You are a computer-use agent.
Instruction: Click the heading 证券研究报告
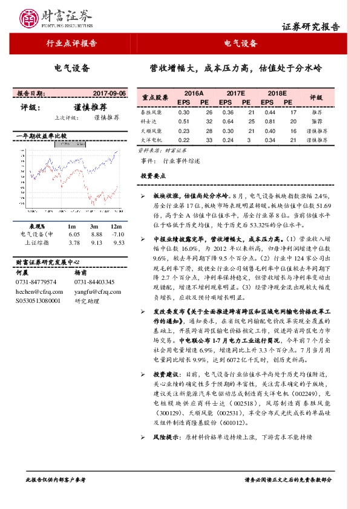(x=311, y=27)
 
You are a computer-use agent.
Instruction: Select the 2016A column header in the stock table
(x=194, y=94)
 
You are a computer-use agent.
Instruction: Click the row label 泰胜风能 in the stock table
(x=151, y=112)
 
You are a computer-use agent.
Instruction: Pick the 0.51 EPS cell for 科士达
(x=184, y=122)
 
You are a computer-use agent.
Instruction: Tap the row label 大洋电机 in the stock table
(x=151, y=140)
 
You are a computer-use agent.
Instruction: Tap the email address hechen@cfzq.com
(x=35, y=291)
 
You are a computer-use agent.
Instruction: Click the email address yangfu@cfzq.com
(x=95, y=291)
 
